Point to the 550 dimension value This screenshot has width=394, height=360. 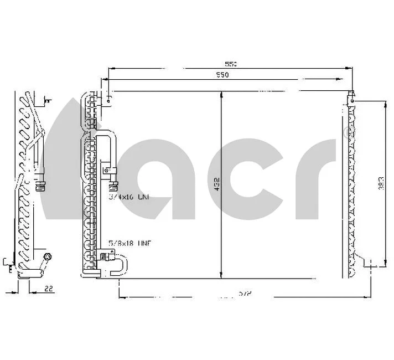tap(222, 75)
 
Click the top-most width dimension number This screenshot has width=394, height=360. tap(231, 64)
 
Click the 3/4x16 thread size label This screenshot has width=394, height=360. tap(128, 197)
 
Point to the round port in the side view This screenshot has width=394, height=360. tap(47, 257)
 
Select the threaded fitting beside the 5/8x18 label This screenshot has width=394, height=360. tap(104, 256)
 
